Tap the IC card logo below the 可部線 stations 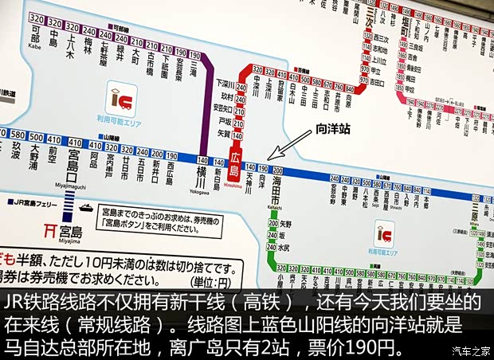[120, 100]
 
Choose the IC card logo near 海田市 [385, 233]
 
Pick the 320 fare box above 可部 [34, 18]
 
